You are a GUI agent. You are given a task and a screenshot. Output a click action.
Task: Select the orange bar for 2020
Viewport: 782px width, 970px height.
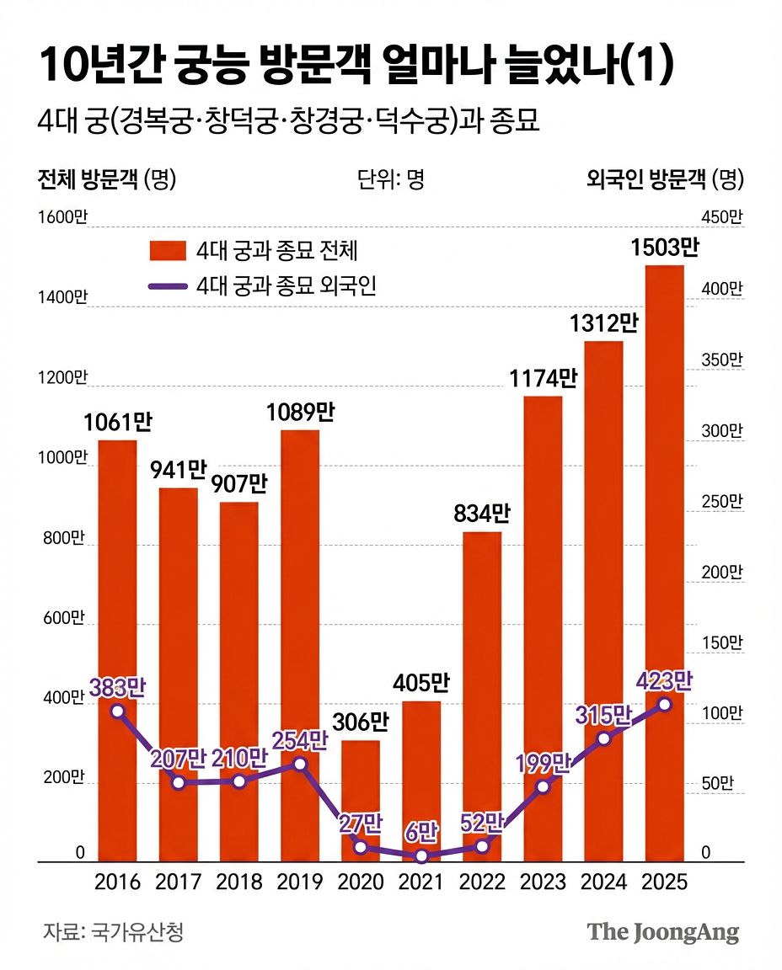coord(361,800)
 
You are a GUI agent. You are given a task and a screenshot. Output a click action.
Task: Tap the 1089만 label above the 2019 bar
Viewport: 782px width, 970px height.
coord(300,413)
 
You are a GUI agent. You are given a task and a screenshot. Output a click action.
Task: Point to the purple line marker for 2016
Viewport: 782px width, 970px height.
coord(118,711)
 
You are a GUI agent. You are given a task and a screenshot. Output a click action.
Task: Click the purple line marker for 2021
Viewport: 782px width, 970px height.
coord(421,856)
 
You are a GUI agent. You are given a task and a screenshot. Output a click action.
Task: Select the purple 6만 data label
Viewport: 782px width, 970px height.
coord(421,832)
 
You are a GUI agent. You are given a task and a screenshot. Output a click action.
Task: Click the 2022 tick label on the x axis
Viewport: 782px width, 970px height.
coord(482,882)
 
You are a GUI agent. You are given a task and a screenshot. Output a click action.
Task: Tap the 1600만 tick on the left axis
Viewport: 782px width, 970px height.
coord(62,218)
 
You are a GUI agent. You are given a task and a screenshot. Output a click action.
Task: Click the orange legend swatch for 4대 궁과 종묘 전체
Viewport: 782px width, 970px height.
coord(167,250)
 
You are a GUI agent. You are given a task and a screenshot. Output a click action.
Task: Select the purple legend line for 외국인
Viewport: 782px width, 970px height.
coord(167,286)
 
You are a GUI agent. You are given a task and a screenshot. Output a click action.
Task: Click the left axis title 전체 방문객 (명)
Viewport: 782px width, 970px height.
coord(106,179)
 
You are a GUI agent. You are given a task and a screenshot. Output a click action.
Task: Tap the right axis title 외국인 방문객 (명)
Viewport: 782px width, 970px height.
coord(665,179)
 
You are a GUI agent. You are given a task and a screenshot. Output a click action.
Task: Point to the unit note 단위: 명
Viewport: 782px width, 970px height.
coord(390,179)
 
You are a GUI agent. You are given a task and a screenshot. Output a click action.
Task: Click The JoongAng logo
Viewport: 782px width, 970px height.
coord(663,932)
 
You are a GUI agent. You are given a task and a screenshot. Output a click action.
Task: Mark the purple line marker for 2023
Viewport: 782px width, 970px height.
coord(543,786)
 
